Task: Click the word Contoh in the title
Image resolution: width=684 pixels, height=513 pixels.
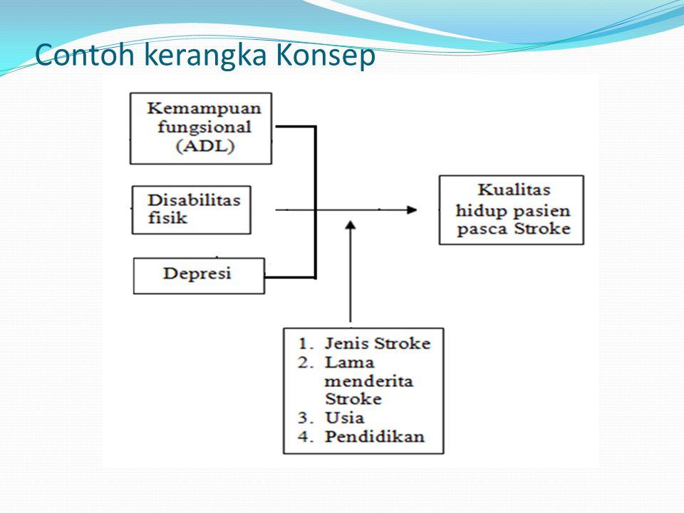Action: (85, 55)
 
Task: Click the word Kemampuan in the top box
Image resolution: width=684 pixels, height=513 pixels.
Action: (204, 109)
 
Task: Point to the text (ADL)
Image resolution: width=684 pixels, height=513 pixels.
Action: (205, 145)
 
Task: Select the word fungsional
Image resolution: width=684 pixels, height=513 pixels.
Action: (204, 128)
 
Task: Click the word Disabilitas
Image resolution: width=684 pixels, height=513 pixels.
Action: (194, 200)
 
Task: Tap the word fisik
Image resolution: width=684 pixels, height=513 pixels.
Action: (167, 217)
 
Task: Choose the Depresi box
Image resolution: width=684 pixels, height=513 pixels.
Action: (199, 276)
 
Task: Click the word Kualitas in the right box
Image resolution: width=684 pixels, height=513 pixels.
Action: (514, 190)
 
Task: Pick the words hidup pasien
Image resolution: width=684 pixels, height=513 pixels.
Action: (513, 211)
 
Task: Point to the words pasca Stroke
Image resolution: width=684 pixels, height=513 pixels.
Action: (514, 229)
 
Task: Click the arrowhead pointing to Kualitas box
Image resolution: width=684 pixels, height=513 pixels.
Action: (412, 209)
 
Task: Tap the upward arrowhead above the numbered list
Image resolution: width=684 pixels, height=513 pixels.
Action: (351, 225)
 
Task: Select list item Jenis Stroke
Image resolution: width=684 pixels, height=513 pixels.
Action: (378, 343)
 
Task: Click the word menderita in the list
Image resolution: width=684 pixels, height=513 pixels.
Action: (368, 381)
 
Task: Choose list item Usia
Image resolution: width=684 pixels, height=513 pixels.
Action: (344, 418)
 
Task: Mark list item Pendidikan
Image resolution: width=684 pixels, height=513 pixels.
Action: (374, 437)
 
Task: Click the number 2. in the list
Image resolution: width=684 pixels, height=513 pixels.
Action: (306, 363)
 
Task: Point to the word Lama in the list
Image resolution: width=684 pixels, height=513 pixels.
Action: (349, 363)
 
